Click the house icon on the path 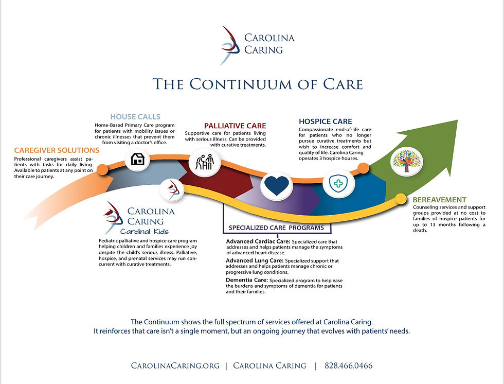(x=138, y=159)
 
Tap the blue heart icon (x=277, y=186)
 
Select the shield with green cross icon (x=338, y=183)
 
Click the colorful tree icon (x=407, y=161)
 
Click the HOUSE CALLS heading (x=135, y=117)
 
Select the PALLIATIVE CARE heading (x=235, y=126)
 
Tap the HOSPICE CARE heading (x=325, y=121)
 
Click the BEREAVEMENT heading (x=439, y=200)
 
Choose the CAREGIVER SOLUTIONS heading (x=57, y=150)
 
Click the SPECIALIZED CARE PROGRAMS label (x=276, y=228)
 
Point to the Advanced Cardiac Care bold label (x=258, y=241)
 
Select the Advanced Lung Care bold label (x=255, y=260)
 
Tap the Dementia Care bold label (x=247, y=280)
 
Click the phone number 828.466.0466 (x=349, y=365)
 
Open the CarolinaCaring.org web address (x=175, y=365)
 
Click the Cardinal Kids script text (x=145, y=231)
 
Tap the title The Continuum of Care (x=258, y=84)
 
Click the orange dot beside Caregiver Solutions (x=102, y=169)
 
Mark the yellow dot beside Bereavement (x=401, y=199)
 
